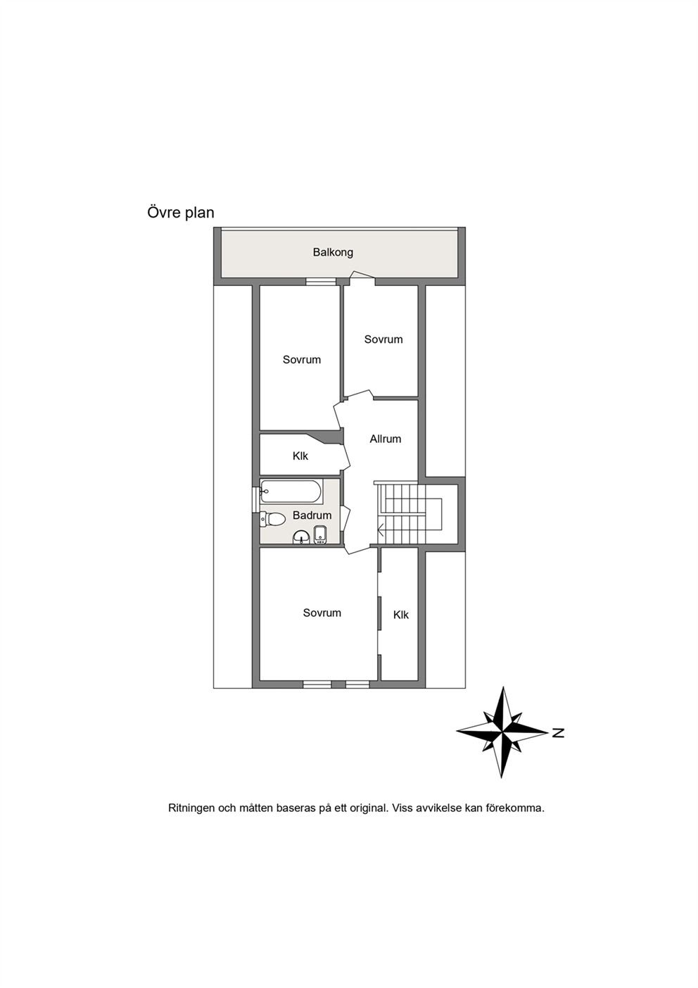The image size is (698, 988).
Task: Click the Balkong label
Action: tap(333, 252)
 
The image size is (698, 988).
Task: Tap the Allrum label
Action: tap(385, 439)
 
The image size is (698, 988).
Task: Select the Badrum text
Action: tap(312, 515)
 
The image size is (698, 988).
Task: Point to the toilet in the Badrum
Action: tap(272, 519)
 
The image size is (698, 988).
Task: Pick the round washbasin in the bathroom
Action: tap(301, 538)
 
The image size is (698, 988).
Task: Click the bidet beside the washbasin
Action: tap(319, 535)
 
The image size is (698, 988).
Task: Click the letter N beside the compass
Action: tap(558, 732)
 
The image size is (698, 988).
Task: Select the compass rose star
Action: tap(502, 732)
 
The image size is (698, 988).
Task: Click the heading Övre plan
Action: tap(181, 213)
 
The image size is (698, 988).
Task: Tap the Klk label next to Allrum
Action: tap(300, 456)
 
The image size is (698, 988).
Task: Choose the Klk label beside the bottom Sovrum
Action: tap(401, 614)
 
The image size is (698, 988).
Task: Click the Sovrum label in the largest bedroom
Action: tap(322, 613)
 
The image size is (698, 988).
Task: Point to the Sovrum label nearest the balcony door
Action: tap(383, 339)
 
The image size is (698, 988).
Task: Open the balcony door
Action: tap(362, 275)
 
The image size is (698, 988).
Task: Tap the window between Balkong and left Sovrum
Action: tap(322, 282)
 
